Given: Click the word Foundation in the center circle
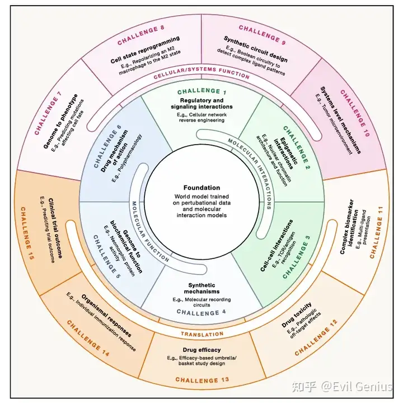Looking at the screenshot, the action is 201,188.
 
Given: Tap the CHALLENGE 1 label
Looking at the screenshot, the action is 201,91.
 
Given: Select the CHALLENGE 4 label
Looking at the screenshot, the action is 201,312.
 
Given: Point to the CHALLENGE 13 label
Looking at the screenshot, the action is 202,380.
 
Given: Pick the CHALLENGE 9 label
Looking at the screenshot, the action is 263,35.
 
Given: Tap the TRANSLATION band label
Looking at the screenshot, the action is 202,334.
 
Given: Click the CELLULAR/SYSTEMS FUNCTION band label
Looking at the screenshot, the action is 201,73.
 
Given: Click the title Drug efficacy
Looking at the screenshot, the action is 201,350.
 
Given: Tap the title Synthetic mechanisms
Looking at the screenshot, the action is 201,288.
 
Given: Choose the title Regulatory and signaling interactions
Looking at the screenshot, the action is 201,104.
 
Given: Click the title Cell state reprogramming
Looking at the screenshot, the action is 145,50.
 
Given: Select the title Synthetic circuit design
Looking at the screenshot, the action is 256,49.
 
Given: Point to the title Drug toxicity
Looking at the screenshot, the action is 297,315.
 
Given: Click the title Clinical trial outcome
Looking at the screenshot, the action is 55,228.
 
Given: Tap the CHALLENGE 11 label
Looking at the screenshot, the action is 377,233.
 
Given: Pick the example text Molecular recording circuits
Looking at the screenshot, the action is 201,302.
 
